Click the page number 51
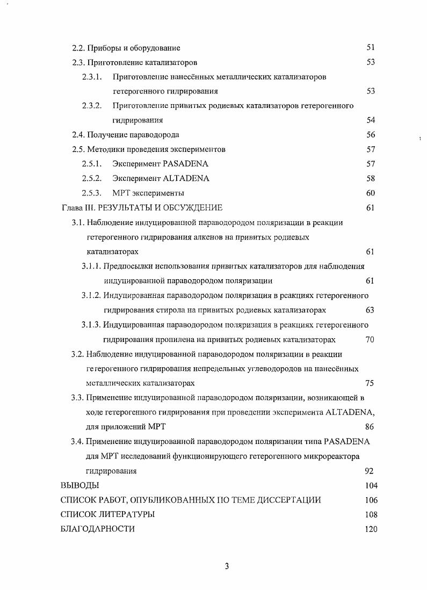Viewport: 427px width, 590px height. click(x=370, y=48)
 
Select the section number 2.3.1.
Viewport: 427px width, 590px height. click(x=92, y=77)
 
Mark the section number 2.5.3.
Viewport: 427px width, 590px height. click(x=92, y=193)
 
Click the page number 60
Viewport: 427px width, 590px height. click(x=370, y=193)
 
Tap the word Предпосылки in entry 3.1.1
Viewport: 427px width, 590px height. click(x=125, y=266)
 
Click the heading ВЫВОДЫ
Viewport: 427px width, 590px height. click(x=79, y=486)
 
